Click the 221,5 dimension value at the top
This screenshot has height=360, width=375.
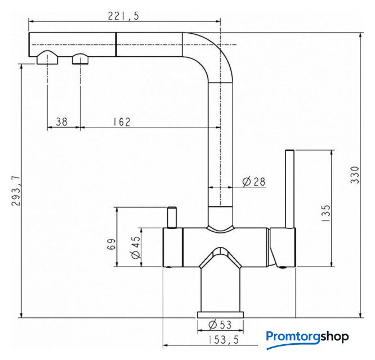123,16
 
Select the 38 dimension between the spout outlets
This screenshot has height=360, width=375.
62,121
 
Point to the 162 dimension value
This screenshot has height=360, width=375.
122,121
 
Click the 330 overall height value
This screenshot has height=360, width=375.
355,175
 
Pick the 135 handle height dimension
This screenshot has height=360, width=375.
326,213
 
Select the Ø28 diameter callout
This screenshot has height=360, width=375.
254,182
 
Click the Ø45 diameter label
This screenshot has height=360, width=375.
136,247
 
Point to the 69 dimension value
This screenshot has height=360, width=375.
111,244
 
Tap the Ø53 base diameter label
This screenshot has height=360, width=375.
220,325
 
